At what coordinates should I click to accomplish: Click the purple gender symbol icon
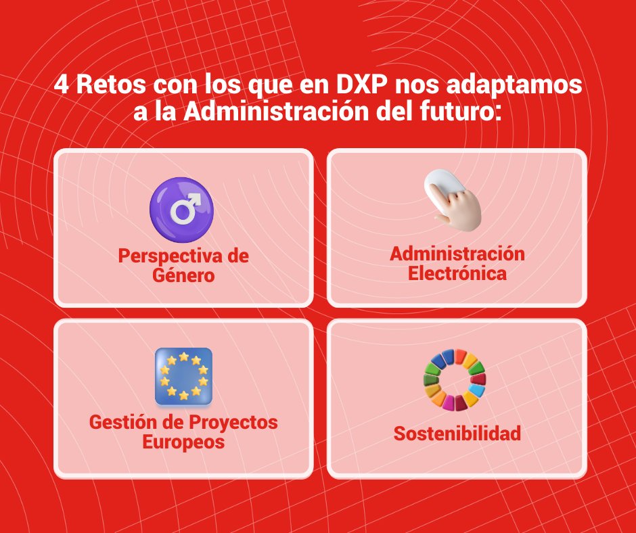tap(181, 210)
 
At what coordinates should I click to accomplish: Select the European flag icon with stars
tap(183, 376)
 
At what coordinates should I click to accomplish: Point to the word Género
tap(183, 275)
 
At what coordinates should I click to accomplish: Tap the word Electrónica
tap(457, 273)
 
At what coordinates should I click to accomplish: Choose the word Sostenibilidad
tap(457, 433)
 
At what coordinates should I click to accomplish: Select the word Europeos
tap(183, 442)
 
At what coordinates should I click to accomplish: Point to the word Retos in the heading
tap(110, 86)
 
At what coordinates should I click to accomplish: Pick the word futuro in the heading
tap(450, 111)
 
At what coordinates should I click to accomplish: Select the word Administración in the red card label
tap(457, 254)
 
